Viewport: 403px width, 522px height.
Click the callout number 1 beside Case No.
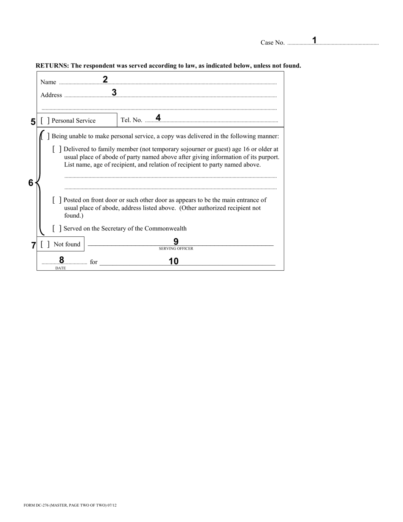click(x=314, y=40)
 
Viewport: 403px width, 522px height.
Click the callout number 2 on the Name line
click(x=105, y=79)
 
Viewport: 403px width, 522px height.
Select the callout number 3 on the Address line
click(x=114, y=92)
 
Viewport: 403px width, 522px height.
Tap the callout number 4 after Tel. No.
click(x=158, y=118)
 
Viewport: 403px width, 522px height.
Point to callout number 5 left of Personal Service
click(x=33, y=121)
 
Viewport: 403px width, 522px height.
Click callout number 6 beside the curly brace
click(x=31, y=183)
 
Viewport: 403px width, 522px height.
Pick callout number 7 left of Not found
click(x=34, y=245)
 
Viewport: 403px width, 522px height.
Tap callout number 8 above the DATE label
click(x=62, y=260)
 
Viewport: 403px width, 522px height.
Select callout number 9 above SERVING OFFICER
click(x=176, y=241)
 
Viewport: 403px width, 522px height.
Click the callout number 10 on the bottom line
click(x=174, y=261)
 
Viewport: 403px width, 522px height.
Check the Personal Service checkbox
click(x=45, y=121)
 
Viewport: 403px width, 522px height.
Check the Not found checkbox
click(x=45, y=244)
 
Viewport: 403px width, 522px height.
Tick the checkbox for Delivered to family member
click(x=57, y=149)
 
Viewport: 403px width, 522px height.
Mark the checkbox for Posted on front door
click(x=57, y=200)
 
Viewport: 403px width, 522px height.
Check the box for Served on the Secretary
click(x=57, y=228)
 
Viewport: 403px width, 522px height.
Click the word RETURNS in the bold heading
click(x=52, y=66)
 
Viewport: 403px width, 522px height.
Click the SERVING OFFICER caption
click(x=176, y=249)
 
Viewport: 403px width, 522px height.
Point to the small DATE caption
click(x=61, y=268)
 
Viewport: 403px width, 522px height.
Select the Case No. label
click(x=272, y=42)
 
